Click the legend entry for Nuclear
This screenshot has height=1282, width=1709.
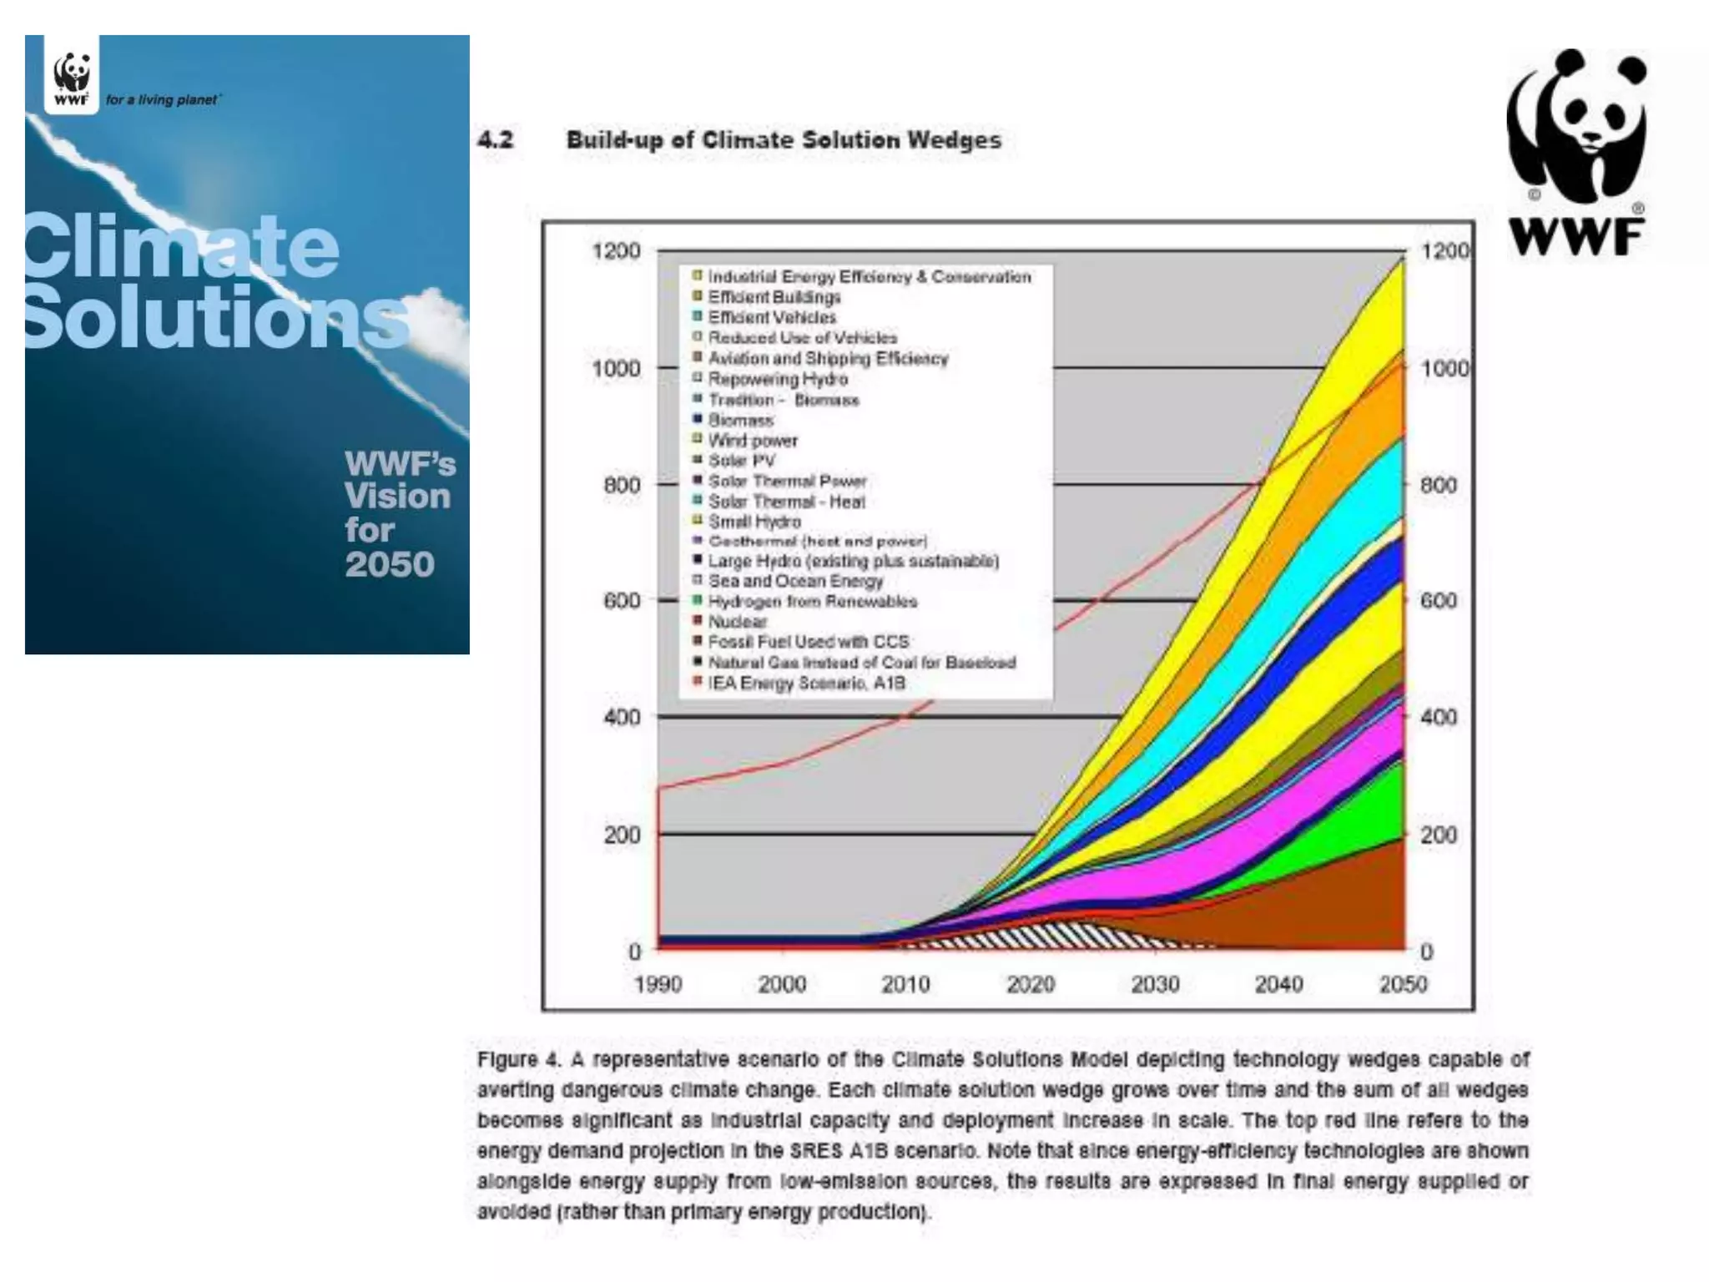coord(737,622)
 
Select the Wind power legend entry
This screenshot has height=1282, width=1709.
coord(752,440)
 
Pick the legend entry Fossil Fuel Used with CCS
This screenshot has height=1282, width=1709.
coord(808,642)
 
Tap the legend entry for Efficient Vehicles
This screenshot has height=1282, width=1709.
coord(771,317)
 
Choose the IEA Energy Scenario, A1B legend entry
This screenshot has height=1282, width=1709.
coord(806,684)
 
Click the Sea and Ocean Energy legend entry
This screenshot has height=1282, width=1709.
coord(794,581)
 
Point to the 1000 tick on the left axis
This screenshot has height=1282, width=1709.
coord(616,368)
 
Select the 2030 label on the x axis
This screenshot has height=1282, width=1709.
coord(1154,985)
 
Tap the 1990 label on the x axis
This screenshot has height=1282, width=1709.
coord(658,985)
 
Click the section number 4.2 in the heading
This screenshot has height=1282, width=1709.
coord(496,139)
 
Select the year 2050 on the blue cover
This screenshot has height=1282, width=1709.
coord(390,565)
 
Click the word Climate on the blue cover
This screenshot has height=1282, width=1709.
coord(181,245)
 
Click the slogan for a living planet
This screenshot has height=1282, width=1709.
coord(163,100)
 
